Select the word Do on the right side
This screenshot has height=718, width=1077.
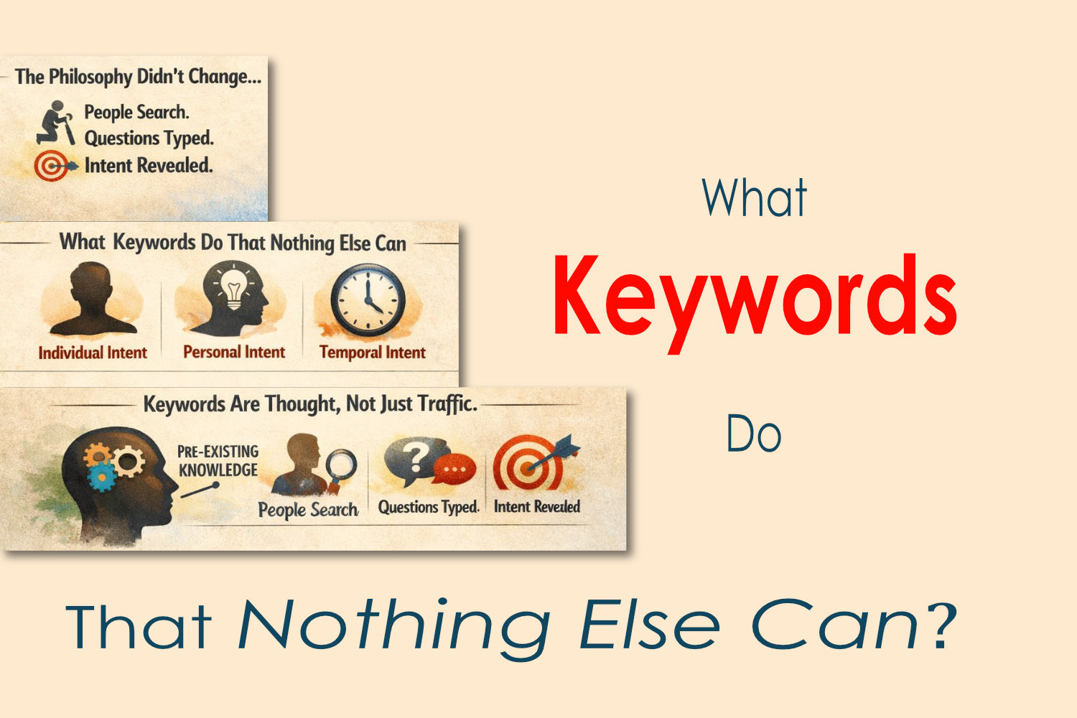(754, 433)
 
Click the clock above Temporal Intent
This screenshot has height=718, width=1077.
(368, 299)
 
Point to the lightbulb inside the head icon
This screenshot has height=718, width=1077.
(233, 289)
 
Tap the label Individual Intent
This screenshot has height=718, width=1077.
(93, 353)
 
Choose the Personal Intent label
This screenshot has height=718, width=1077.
(234, 352)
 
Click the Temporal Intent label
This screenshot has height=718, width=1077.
(373, 353)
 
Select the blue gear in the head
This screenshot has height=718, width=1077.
(101, 475)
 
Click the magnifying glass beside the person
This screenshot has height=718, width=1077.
(340, 469)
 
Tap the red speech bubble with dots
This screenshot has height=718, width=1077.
(454, 468)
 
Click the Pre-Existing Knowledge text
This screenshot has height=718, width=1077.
(218, 461)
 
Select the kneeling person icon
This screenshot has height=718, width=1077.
(56, 122)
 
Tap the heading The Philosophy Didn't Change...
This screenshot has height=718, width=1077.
(139, 77)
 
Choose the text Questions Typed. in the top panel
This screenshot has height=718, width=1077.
(149, 139)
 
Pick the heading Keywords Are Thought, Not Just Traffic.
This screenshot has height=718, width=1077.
(310, 404)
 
